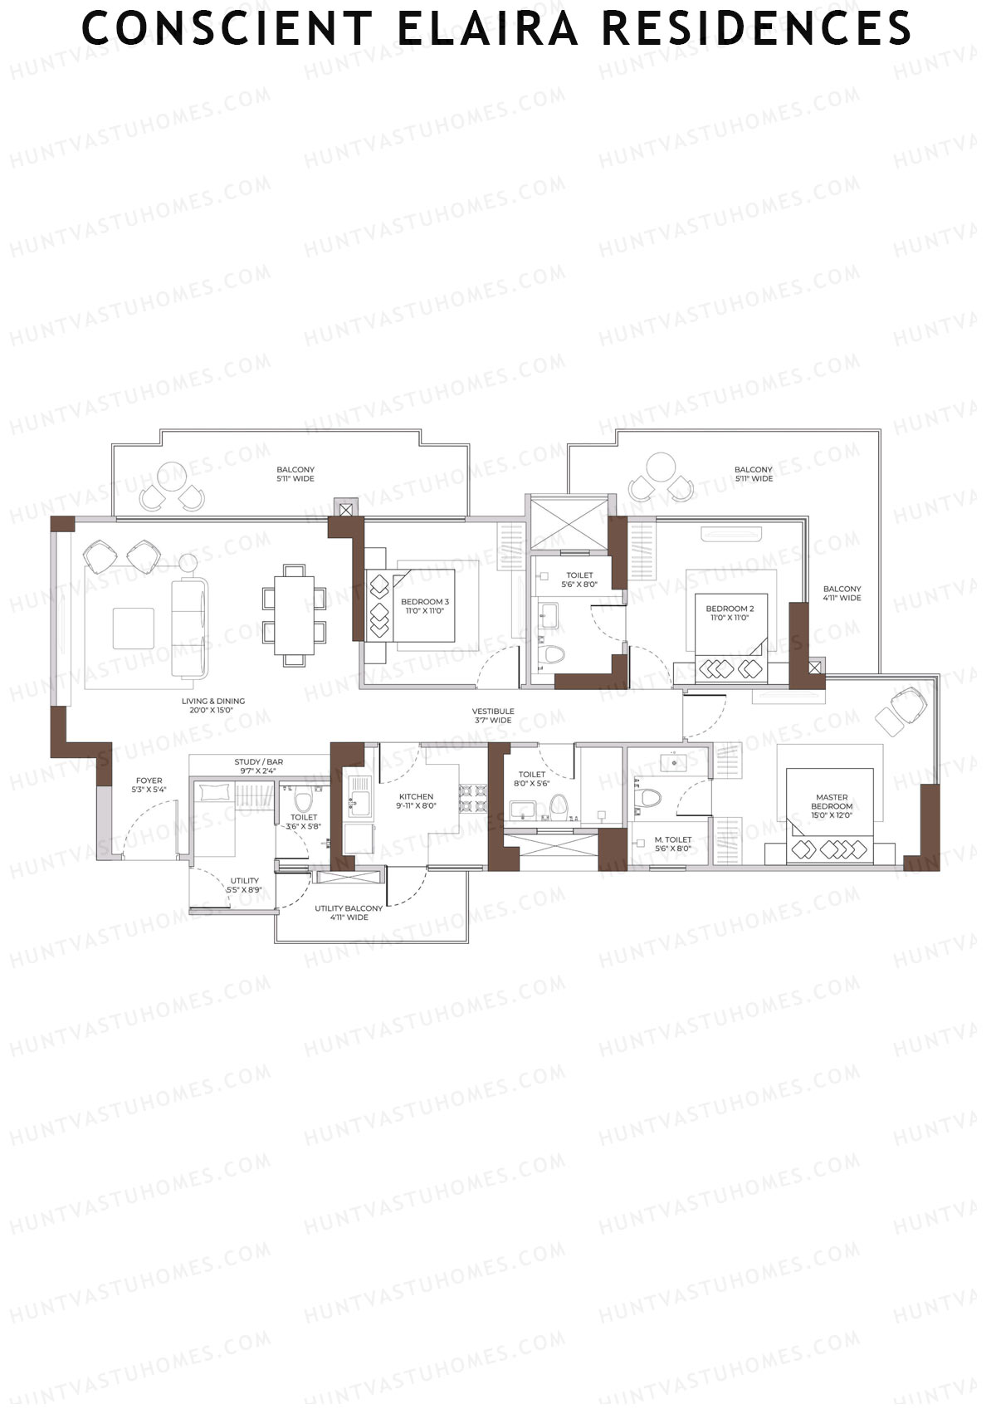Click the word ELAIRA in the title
coord(486,28)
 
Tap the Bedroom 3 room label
coord(424,606)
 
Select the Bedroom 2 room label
coord(730,613)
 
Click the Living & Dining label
coord(213,706)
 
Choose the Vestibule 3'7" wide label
coord(493,716)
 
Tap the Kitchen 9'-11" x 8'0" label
coord(416,801)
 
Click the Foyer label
coord(149,785)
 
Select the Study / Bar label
coord(258,766)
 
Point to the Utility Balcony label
coord(349,912)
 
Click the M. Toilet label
coord(672,844)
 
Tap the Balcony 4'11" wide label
coord(842,593)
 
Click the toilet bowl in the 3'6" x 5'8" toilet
coord(303,801)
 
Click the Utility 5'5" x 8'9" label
coord(244,885)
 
